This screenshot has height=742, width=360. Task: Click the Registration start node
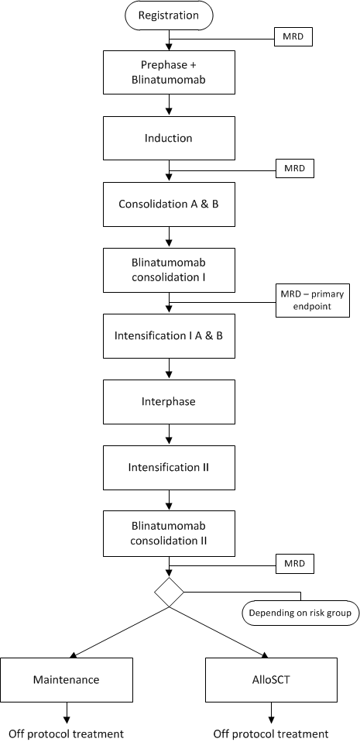click(169, 15)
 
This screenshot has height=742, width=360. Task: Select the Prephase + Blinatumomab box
click(169, 72)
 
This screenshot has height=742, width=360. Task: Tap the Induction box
click(169, 138)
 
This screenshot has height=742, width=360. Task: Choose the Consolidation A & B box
click(169, 204)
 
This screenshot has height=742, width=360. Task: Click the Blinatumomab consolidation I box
click(169, 270)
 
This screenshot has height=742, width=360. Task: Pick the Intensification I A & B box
click(169, 336)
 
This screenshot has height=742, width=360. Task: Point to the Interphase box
click(169, 402)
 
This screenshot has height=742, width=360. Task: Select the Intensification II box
click(169, 468)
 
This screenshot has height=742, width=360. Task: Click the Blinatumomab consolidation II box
click(169, 534)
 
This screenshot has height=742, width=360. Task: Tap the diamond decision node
click(169, 592)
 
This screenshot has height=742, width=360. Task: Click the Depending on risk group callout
click(300, 613)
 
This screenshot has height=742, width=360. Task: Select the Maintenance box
click(67, 679)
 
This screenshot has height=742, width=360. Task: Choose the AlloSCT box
click(272, 679)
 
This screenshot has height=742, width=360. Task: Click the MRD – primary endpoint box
click(312, 300)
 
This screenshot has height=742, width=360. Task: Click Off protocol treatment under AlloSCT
click(271, 734)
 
